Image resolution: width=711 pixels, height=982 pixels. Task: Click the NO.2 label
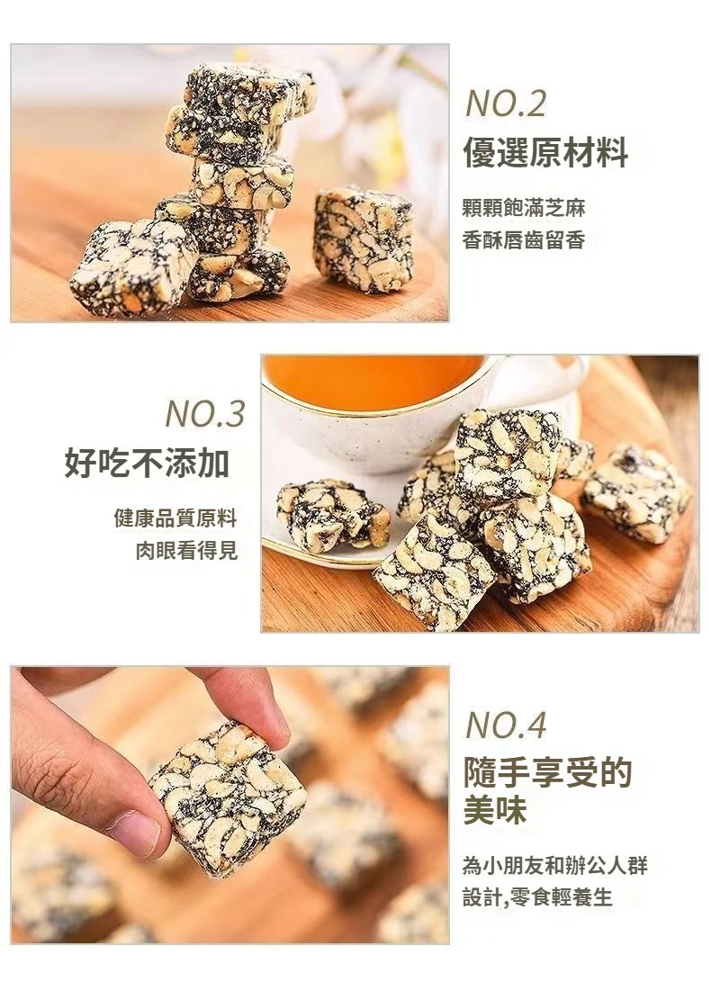point(506,104)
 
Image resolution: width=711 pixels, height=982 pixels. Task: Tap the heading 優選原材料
point(545,152)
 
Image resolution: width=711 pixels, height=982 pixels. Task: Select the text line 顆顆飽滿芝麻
point(524,208)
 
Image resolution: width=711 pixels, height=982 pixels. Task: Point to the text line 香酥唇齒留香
point(524,239)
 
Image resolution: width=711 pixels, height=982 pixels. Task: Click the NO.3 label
point(205,414)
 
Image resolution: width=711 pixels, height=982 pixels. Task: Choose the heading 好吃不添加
point(148,463)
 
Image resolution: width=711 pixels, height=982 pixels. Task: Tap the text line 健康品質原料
point(175,518)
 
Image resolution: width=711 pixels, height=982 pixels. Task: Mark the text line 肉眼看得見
point(186,551)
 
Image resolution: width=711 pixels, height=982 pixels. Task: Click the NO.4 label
point(506,725)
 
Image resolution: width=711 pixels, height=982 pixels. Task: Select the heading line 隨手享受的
point(547,773)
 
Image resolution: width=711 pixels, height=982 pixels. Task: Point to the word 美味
point(495,810)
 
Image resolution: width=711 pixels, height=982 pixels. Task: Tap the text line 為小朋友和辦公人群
point(555,866)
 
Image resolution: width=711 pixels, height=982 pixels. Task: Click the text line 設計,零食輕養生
point(537,897)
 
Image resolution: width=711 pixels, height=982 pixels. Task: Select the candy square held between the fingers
point(228,797)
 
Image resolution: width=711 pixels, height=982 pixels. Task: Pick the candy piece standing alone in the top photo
point(364,239)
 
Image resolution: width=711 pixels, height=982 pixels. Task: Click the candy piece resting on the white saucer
point(331,515)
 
